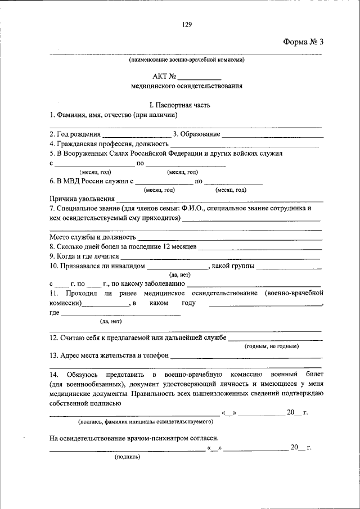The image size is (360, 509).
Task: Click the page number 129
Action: [187, 24]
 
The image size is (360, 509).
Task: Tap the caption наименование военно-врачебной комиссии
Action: [186, 59]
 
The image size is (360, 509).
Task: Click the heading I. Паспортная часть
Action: [186, 105]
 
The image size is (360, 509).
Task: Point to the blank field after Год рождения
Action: [137, 136]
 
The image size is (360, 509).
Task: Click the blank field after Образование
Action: [273, 136]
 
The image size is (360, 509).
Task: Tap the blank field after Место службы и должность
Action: [229, 238]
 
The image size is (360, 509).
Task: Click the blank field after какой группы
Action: [288, 266]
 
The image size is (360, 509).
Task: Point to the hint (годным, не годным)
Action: [271, 347]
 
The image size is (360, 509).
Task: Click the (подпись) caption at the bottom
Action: [127, 457]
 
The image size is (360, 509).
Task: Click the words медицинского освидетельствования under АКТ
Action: [186, 87]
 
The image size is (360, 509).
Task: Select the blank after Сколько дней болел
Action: [260, 247]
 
